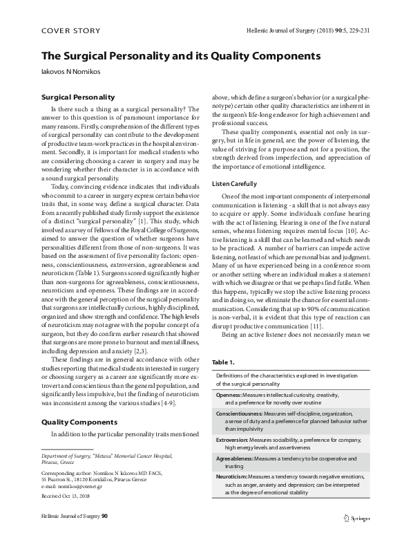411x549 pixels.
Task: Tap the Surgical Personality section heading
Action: (x=78, y=97)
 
